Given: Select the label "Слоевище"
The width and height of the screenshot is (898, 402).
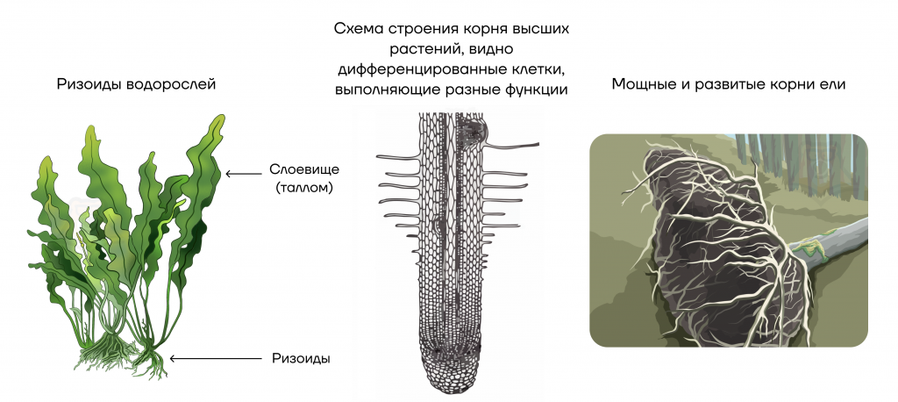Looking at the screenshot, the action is [304, 169].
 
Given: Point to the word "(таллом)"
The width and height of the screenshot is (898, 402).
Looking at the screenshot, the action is [304, 188].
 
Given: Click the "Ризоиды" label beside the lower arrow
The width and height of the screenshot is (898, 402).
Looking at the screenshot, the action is [302, 359].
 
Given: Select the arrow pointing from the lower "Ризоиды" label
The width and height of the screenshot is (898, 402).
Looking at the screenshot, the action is [216, 359].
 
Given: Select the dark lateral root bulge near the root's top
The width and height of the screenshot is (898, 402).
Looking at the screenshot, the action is [473, 130].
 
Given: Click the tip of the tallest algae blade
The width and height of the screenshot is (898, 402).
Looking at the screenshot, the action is [220, 116].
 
